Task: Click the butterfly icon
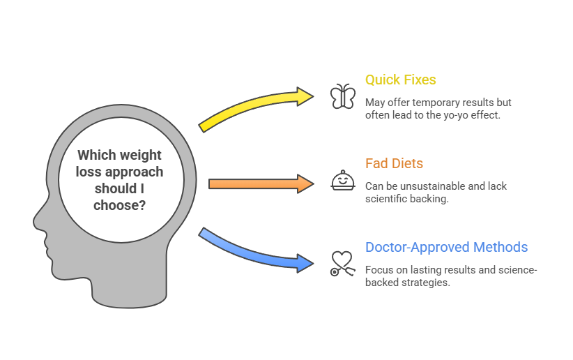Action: click(343, 96)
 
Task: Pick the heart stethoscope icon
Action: click(342, 264)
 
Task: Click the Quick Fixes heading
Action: click(400, 80)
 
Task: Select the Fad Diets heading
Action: click(394, 163)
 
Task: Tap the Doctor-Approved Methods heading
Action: click(446, 247)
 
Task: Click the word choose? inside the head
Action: click(119, 205)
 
